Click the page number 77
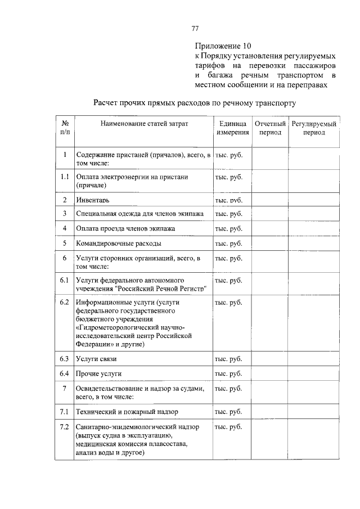pos(195,29)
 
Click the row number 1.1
pos(65,177)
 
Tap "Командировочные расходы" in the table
pos(119,244)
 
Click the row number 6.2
pos(64,303)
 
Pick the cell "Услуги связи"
pos(97,358)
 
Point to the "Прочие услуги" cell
pos(99,373)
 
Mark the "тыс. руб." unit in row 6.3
pos(228,358)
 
